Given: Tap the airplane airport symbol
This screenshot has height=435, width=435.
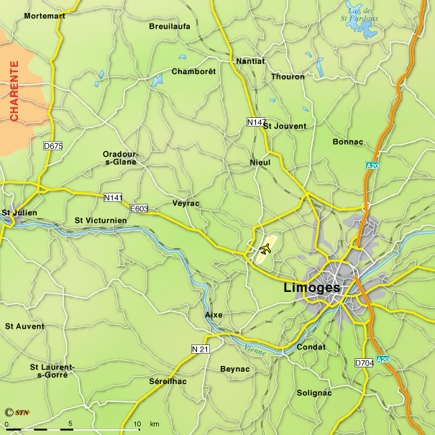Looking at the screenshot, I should pyautogui.click(x=265, y=249).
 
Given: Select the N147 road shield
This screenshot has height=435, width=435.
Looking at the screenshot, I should pyautogui.click(x=257, y=122).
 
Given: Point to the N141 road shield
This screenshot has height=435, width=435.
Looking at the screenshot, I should pyautogui.click(x=113, y=197).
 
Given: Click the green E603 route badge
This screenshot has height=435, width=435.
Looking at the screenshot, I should pyautogui.click(x=139, y=209).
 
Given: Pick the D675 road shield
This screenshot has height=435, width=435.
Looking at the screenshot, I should pyautogui.click(x=53, y=146).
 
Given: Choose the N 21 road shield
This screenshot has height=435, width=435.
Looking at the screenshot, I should pyautogui.click(x=201, y=349).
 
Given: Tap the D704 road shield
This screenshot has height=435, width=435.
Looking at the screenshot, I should pyautogui.click(x=365, y=363).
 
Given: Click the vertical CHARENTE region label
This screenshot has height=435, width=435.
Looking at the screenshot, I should pyautogui.click(x=14, y=91).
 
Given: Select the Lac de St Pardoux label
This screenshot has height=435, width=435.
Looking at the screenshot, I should pyautogui.click(x=357, y=14).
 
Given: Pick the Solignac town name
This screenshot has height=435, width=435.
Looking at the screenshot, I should pyautogui.click(x=314, y=393).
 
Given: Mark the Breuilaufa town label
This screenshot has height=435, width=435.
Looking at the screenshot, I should pyautogui.click(x=169, y=26).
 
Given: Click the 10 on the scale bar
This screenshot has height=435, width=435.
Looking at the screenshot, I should pyautogui.click(x=136, y=423).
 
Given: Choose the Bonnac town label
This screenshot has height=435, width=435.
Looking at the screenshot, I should pyautogui.click(x=348, y=142).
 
